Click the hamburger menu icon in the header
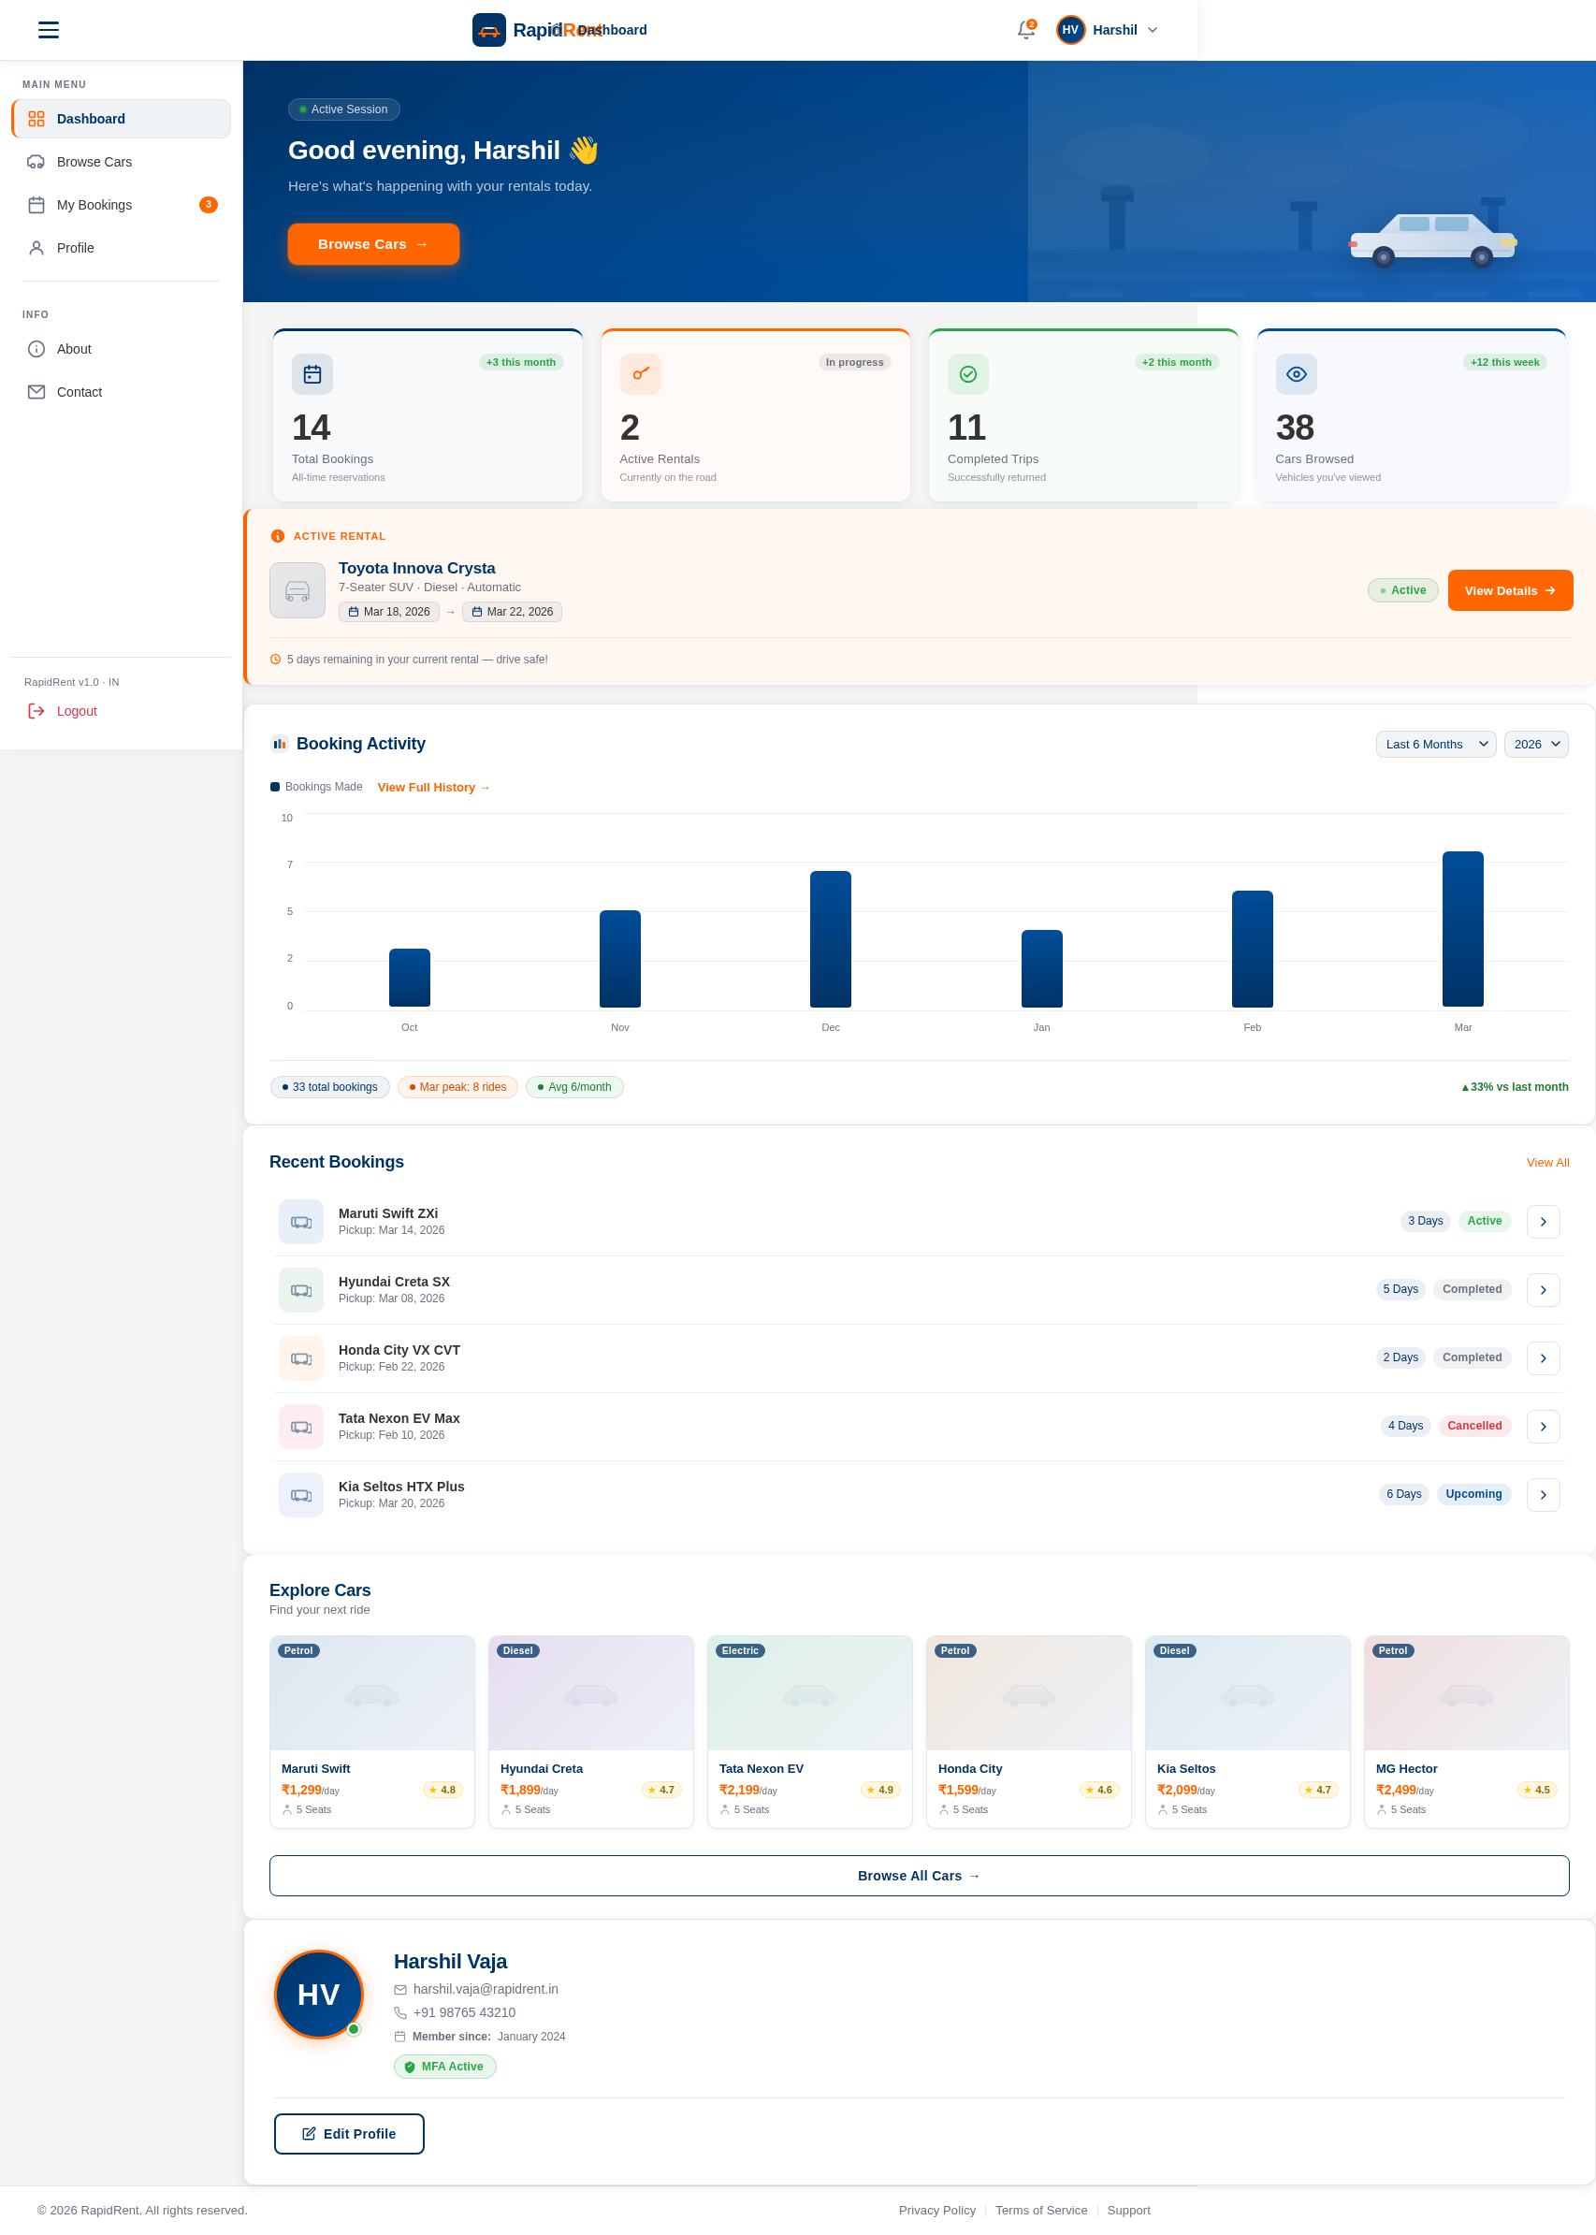48,31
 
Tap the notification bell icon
1025,31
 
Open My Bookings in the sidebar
94,205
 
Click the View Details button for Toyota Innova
1509,590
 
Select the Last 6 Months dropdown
1435,744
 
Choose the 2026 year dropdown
1535,744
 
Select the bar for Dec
831,938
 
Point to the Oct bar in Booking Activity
409,977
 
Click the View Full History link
433,788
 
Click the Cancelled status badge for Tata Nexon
1473,1425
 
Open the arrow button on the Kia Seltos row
1542,1494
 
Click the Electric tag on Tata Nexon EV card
739,1650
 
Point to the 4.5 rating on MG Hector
1536,1790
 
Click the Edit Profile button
349,2133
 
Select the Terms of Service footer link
1040,2210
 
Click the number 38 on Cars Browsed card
1294,428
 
